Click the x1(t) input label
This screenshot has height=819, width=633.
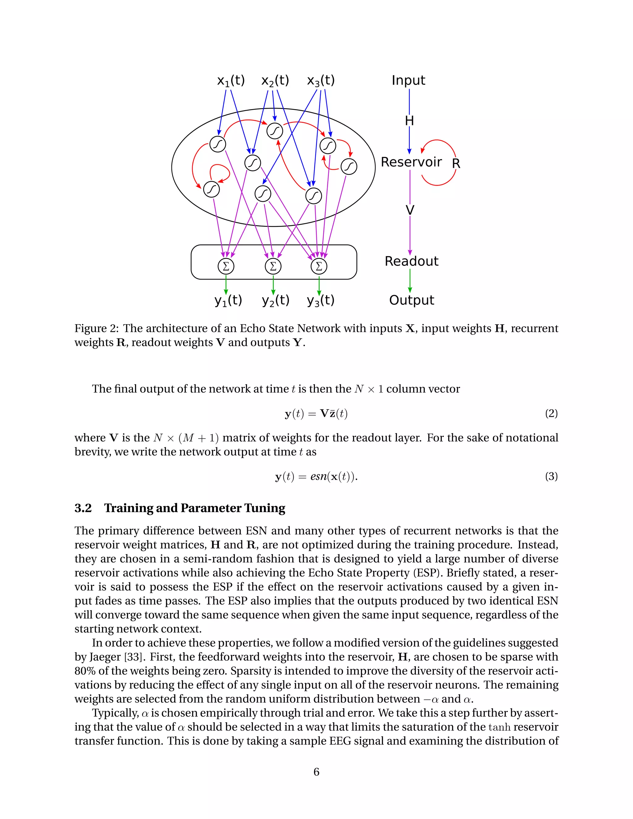click(x=231, y=81)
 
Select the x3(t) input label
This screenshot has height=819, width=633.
click(x=321, y=81)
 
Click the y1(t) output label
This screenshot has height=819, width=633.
click(x=228, y=300)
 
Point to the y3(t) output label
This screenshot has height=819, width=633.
click(x=320, y=300)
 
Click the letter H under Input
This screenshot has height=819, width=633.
click(x=409, y=121)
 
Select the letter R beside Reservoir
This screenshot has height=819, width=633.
click(x=456, y=163)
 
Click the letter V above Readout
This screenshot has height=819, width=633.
click(x=410, y=210)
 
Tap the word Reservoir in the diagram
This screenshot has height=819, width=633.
click(x=411, y=162)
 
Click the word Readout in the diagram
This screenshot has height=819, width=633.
click(x=411, y=261)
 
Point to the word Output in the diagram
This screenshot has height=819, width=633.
click(x=411, y=300)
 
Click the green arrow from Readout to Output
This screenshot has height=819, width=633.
click(x=410, y=281)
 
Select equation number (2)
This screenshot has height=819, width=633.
click(x=551, y=413)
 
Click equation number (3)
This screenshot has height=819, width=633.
click(x=551, y=476)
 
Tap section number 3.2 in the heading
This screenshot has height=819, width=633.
click(x=83, y=508)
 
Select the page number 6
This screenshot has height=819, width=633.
click(x=316, y=772)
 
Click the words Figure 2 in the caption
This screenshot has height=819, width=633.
click(x=95, y=329)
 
